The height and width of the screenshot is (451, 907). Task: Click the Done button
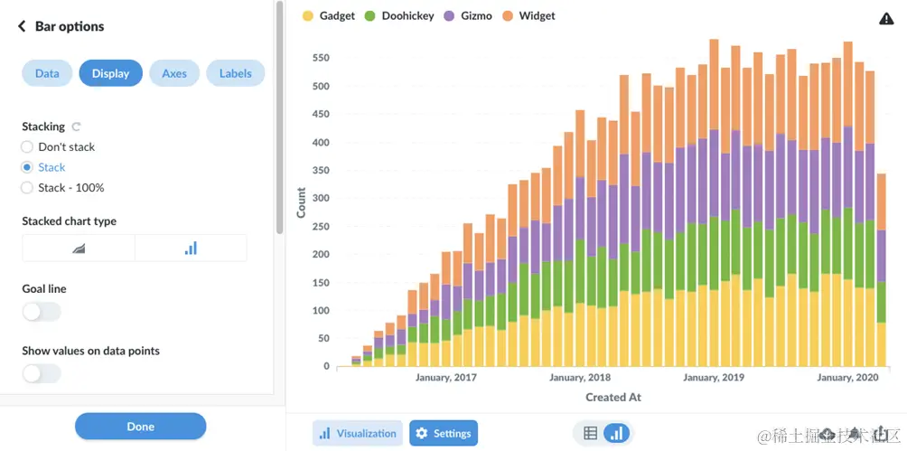pyautogui.click(x=140, y=427)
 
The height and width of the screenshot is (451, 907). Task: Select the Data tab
pyautogui.click(x=47, y=73)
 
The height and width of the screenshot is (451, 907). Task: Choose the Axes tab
pyautogui.click(x=174, y=73)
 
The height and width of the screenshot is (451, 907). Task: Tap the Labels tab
pyautogui.click(x=236, y=73)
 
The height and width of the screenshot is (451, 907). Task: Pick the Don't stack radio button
pyautogui.click(x=28, y=147)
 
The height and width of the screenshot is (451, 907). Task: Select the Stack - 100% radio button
pyautogui.click(x=28, y=188)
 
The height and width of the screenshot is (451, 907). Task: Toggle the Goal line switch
pyautogui.click(x=42, y=312)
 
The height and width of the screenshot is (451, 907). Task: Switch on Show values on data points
pyautogui.click(x=42, y=373)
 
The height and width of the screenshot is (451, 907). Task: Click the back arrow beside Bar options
pyautogui.click(x=22, y=27)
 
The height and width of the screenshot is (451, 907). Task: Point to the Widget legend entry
pyautogui.click(x=530, y=16)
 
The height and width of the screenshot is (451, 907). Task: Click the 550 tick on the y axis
pyautogui.click(x=320, y=58)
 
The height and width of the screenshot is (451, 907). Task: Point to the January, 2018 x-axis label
pyautogui.click(x=580, y=378)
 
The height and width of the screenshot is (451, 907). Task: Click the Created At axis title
pyautogui.click(x=613, y=397)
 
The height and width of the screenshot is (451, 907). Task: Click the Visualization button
pyautogui.click(x=358, y=434)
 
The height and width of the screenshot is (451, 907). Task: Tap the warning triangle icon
pyautogui.click(x=886, y=19)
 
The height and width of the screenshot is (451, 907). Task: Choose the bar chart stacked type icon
pyautogui.click(x=191, y=248)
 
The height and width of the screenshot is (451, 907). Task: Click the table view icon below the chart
pyautogui.click(x=590, y=434)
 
